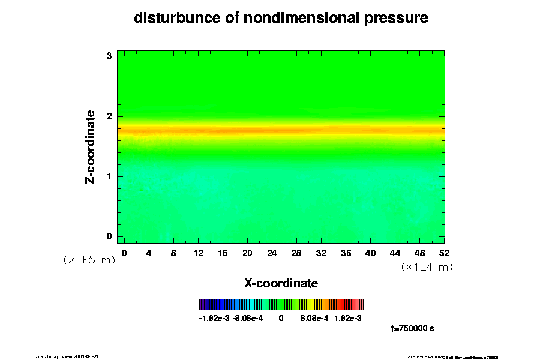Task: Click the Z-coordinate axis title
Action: click(x=91, y=146)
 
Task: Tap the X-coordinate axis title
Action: click(x=281, y=283)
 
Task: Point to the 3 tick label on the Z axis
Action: click(x=110, y=56)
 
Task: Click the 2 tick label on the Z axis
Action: click(x=110, y=116)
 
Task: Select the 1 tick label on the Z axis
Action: click(x=110, y=176)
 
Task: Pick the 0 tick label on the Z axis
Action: click(x=110, y=236)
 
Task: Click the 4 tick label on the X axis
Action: click(x=149, y=253)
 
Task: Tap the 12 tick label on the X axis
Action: click(x=197, y=253)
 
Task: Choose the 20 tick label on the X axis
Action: click(x=247, y=253)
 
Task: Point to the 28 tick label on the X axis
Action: click(x=296, y=253)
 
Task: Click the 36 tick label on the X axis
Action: click(x=346, y=253)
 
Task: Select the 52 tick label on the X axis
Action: click(x=445, y=253)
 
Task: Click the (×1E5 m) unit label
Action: click(x=89, y=260)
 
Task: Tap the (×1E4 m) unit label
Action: click(x=427, y=267)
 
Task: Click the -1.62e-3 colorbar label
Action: click(x=214, y=318)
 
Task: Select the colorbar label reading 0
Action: click(x=281, y=318)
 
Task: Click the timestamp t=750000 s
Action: click(x=412, y=329)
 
